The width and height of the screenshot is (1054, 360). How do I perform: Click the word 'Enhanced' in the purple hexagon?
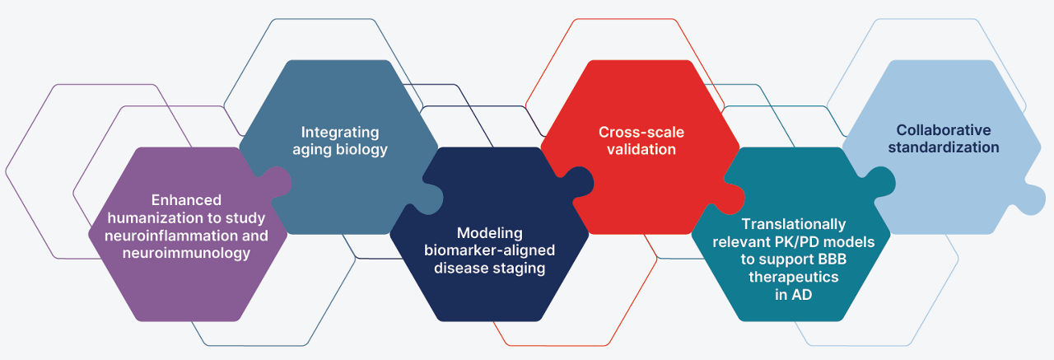[x=186, y=200]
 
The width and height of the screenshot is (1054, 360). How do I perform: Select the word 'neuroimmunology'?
[x=186, y=253]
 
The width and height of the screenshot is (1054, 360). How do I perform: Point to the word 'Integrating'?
[x=340, y=133]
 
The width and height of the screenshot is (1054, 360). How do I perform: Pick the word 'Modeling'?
[x=489, y=233]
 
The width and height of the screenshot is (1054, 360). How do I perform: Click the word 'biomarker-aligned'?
[x=489, y=250]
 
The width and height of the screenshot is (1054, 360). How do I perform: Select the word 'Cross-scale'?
[x=641, y=133]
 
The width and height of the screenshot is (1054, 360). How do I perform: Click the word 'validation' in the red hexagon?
[x=641, y=150]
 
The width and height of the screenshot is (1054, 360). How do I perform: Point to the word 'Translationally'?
[x=794, y=224]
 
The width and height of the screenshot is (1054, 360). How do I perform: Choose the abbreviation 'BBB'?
[x=832, y=259]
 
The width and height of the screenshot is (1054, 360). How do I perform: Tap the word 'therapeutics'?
[x=794, y=277]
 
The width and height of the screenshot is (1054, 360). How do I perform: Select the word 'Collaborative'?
[x=944, y=130]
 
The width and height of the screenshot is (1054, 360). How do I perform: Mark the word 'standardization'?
[x=944, y=147]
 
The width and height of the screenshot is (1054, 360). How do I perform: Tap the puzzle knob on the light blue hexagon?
[x=1030, y=199]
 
